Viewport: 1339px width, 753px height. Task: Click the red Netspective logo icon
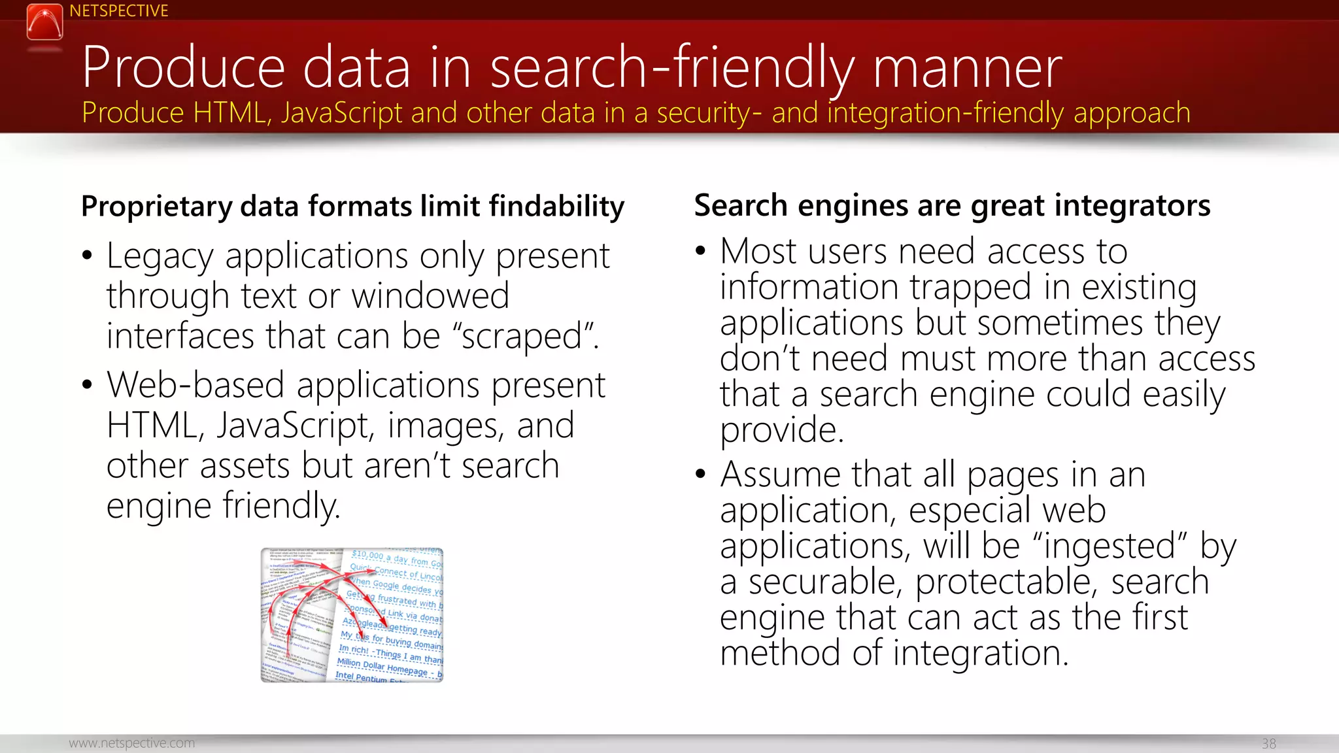pyautogui.click(x=44, y=22)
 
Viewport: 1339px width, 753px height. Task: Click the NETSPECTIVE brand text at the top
pyautogui.click(x=118, y=11)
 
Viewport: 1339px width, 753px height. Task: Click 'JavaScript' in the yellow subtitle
pyautogui.click(x=342, y=113)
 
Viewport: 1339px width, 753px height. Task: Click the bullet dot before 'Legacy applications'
pyautogui.click(x=88, y=256)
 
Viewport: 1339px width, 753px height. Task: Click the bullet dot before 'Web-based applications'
pyautogui.click(x=88, y=385)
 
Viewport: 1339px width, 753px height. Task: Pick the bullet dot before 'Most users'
pyautogui.click(x=701, y=251)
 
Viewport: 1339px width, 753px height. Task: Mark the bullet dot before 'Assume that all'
pyautogui.click(x=701, y=474)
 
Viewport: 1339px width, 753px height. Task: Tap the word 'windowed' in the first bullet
pyautogui.click(x=430, y=296)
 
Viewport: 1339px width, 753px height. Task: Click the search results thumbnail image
pyautogui.click(x=352, y=615)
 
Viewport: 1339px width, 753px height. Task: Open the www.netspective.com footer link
pyautogui.click(x=131, y=743)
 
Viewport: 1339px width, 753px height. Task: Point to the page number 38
pyautogui.click(x=1268, y=744)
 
